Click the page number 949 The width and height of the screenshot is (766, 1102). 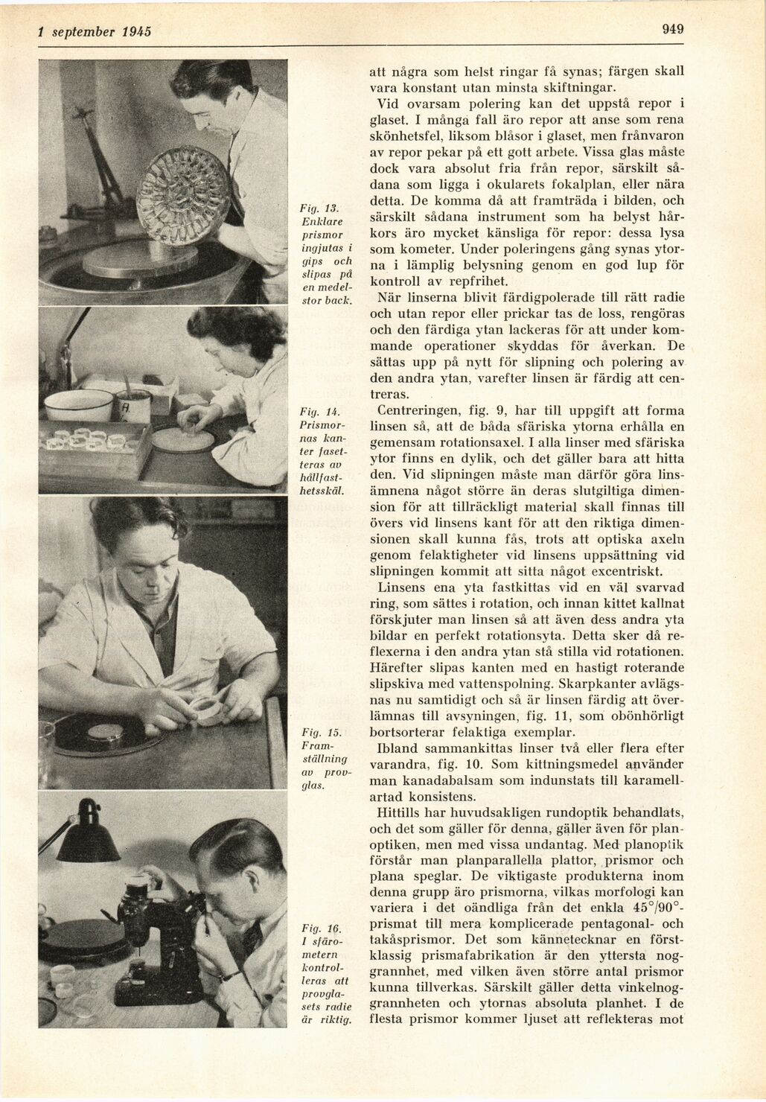pos(672,30)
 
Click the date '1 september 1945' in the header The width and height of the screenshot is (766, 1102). pos(95,32)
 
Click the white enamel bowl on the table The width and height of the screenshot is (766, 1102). pos(78,404)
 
